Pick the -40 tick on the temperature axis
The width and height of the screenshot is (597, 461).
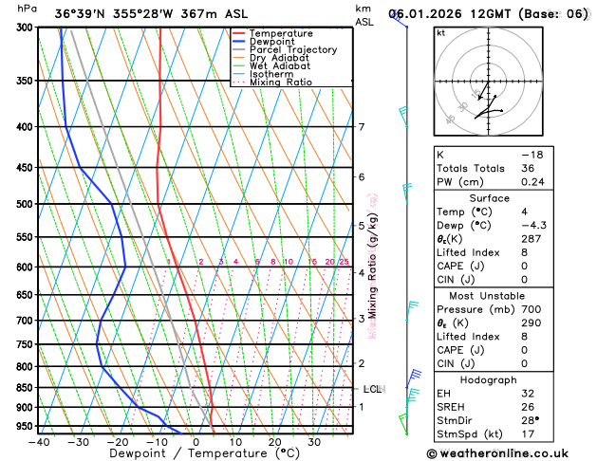pyautogui.click(x=39, y=442)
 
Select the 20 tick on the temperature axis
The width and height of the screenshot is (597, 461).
pyautogui.click(x=274, y=442)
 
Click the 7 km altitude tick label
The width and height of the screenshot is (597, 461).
pyautogui.click(x=362, y=127)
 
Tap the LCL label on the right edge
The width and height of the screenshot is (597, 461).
pyautogui.click(x=373, y=389)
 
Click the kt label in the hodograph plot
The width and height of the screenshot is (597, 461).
pyautogui.click(x=440, y=33)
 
